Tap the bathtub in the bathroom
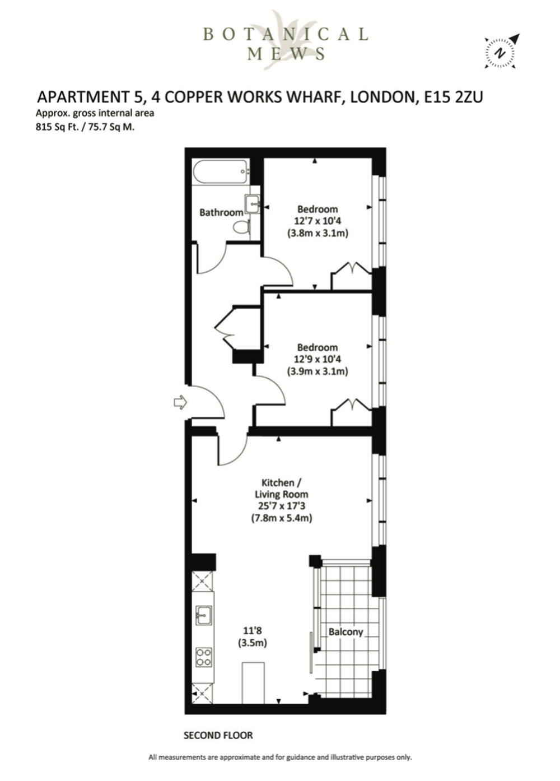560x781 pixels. coord(221,171)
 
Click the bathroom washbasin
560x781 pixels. coord(253,203)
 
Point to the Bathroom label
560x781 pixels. coord(221,212)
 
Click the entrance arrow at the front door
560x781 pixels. coord(180,403)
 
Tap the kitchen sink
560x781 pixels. coord(203,615)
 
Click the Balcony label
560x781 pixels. coord(346,632)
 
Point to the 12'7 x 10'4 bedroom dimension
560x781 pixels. coord(318,221)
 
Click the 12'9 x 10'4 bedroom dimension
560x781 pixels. coord(318,359)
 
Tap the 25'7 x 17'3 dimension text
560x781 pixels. coord(282,505)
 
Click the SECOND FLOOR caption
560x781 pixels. coord(218,736)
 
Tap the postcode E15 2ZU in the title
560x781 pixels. coord(454,97)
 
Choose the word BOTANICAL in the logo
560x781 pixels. coord(286,34)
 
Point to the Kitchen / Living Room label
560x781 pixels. coord(282,489)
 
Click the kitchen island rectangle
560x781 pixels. coord(253,683)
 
